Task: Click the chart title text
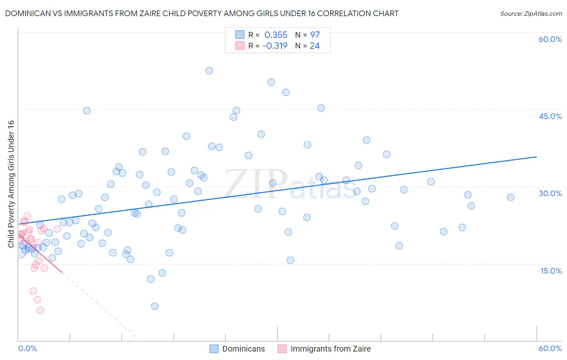click(202, 13)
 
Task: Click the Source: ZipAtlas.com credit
click(531, 13)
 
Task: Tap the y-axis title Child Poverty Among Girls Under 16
click(11, 184)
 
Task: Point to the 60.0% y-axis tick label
click(550, 39)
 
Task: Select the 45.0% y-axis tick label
click(550, 116)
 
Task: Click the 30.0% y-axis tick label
click(550, 193)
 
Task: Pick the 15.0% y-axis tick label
click(551, 271)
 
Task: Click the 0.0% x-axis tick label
click(27, 348)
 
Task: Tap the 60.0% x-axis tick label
click(550, 348)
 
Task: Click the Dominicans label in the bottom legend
click(244, 349)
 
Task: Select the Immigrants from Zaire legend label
click(330, 349)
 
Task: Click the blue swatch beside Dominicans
click(214, 349)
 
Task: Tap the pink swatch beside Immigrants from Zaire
click(282, 349)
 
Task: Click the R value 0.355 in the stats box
click(276, 35)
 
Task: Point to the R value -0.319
click(275, 46)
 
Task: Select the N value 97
click(315, 35)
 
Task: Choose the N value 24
click(315, 46)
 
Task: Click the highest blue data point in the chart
click(209, 71)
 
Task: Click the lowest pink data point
click(40, 310)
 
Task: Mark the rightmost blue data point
click(511, 197)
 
